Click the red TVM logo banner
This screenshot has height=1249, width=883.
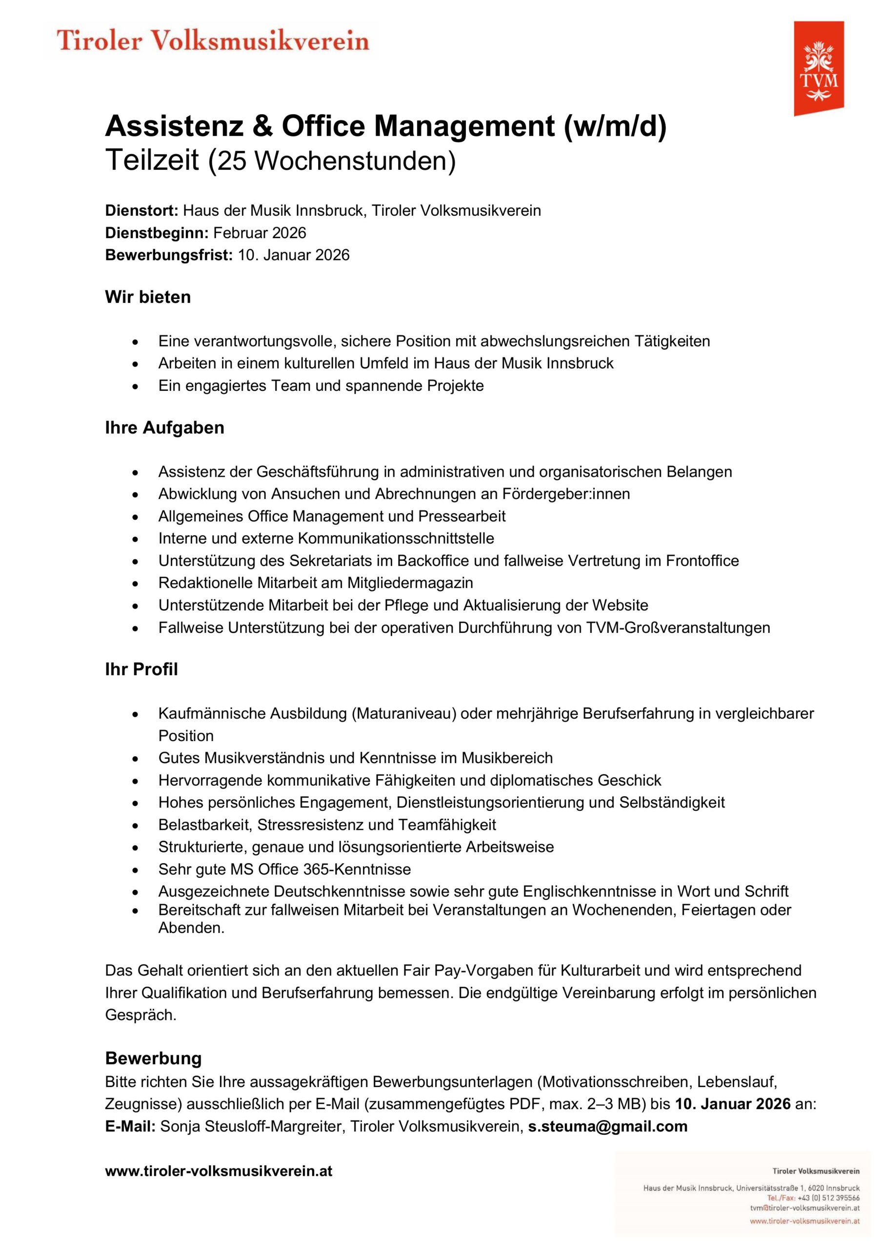coord(818,68)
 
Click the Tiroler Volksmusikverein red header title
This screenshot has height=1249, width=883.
coord(213,41)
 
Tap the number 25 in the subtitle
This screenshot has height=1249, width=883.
coord(231,161)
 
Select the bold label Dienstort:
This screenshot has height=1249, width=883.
coord(141,210)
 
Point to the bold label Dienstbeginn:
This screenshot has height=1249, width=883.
coord(157,233)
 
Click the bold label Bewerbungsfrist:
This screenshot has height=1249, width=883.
coord(169,255)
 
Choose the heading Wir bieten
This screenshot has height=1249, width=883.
coord(148,297)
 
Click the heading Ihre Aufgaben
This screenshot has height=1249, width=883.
coord(164,427)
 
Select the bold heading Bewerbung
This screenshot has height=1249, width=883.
coord(153,1058)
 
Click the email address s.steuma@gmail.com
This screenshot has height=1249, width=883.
coord(608,1126)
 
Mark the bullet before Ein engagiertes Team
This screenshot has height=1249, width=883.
coord(136,386)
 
